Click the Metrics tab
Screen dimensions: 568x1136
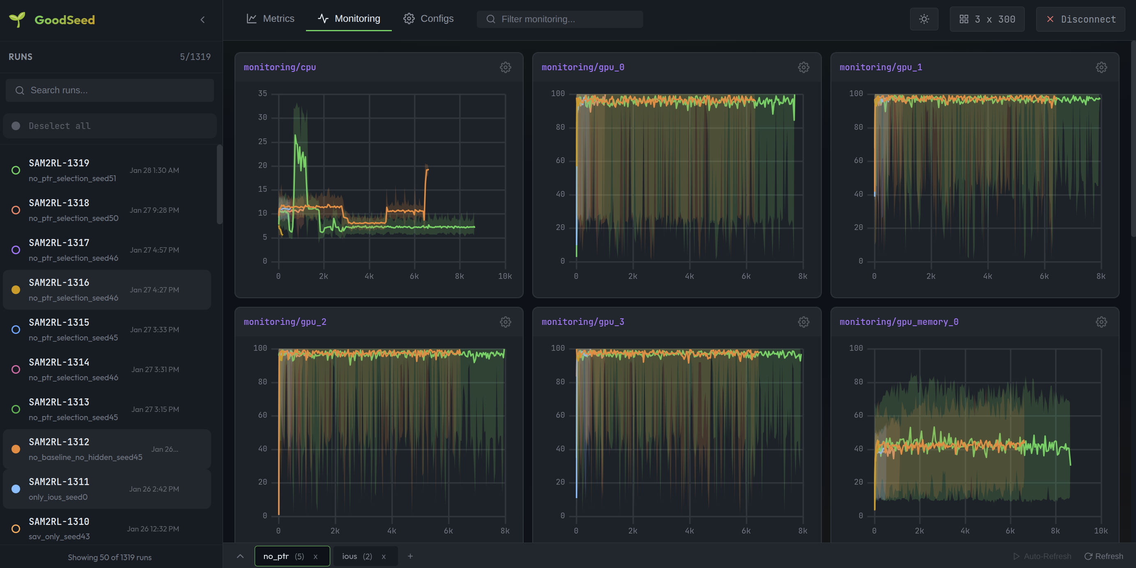click(270, 18)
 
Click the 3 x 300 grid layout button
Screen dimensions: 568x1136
click(987, 19)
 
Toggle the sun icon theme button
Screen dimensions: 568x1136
click(924, 19)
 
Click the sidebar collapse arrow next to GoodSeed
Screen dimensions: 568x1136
click(202, 19)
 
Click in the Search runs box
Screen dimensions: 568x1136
click(110, 90)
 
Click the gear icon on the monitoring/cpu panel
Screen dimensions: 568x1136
click(506, 67)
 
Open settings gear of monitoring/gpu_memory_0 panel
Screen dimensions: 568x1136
click(1101, 322)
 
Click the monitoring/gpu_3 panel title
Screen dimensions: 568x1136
click(582, 322)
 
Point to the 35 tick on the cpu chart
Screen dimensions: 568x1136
click(262, 94)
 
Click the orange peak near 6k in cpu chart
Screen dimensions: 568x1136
click(426, 170)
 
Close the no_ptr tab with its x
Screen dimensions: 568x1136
click(315, 557)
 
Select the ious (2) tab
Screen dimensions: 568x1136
click(356, 557)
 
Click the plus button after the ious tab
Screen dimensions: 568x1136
click(410, 556)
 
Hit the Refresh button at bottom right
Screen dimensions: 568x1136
click(1104, 556)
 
